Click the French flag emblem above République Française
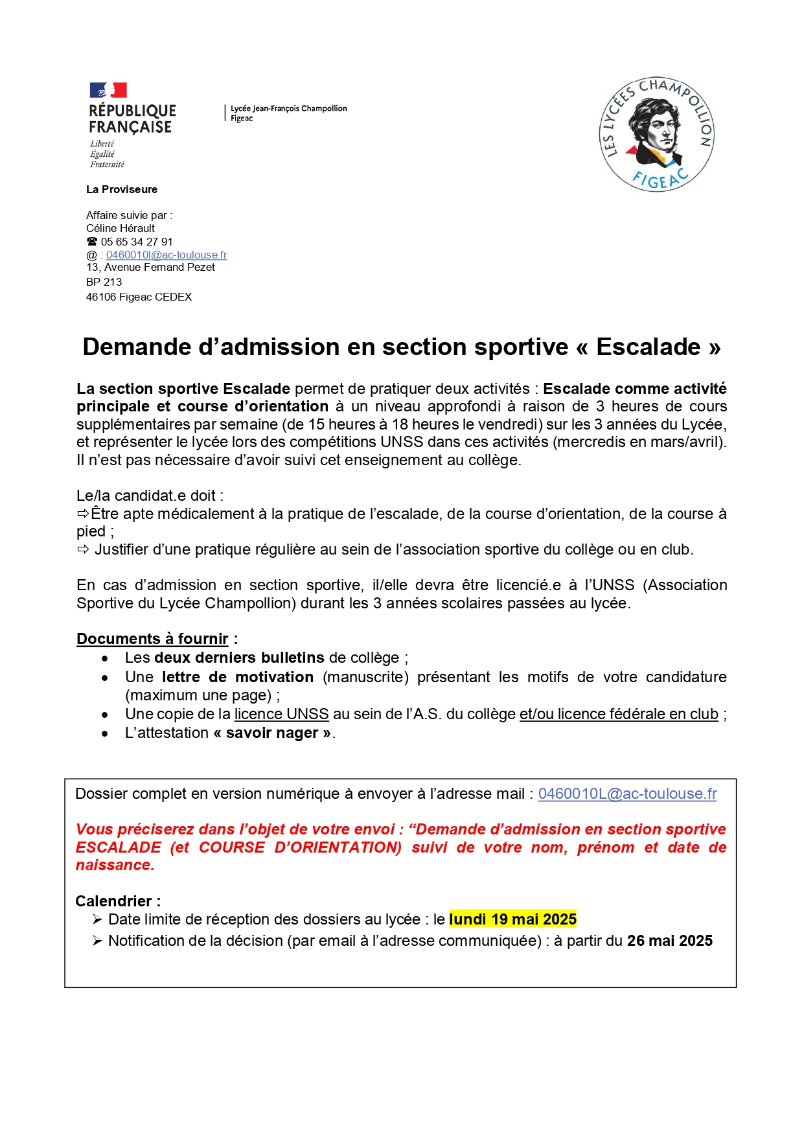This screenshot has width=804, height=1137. tap(108, 90)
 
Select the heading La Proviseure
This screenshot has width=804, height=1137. tap(122, 189)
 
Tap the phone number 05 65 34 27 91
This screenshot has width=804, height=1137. tap(137, 242)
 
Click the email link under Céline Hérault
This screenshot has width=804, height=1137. tap(167, 255)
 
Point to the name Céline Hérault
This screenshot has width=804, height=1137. tap(121, 228)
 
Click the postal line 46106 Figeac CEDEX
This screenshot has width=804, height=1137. tap(139, 297)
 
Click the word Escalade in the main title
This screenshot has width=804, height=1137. tap(648, 347)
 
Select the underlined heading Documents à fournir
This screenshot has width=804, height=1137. tap(152, 639)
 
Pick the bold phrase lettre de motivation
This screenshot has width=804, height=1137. tap(238, 677)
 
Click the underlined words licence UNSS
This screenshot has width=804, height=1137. tap(281, 714)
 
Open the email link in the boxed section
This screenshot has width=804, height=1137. tap(627, 794)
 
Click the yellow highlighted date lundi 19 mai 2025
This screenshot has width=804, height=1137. tap(512, 919)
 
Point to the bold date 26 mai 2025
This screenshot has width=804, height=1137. tap(669, 941)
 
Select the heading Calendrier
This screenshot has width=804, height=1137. tap(114, 901)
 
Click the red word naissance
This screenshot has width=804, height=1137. tap(114, 865)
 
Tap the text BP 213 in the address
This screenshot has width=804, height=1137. tap(104, 282)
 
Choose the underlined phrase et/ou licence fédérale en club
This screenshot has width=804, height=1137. tap(619, 714)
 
